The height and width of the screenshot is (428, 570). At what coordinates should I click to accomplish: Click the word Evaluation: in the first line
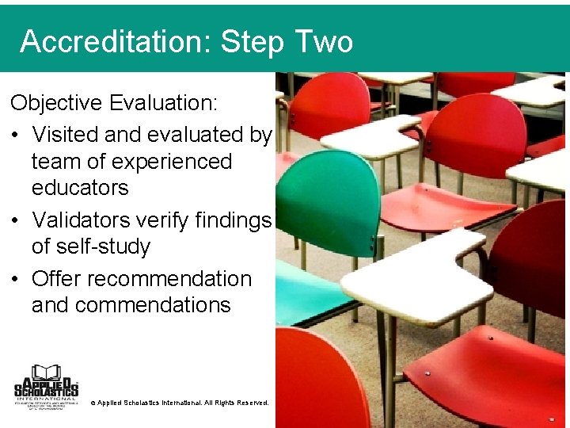click(x=167, y=104)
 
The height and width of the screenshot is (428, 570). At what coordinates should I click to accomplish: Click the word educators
click(x=79, y=188)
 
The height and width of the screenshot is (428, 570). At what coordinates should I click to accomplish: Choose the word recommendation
click(x=169, y=278)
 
